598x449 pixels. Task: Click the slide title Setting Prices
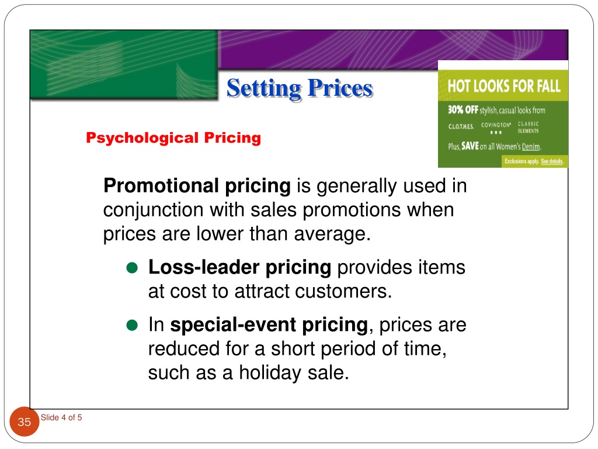(299, 88)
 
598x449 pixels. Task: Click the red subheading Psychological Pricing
(173, 138)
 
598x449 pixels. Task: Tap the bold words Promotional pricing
(197, 186)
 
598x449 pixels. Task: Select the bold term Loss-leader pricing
(239, 268)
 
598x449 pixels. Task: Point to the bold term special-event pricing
(269, 324)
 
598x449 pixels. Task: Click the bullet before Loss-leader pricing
(131, 268)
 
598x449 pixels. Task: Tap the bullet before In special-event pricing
(131, 325)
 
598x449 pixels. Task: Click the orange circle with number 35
(25, 422)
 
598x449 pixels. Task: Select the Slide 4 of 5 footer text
(61, 417)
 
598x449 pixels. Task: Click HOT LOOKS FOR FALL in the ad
(503, 87)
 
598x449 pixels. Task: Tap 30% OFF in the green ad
(463, 110)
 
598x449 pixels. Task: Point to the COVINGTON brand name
(496, 125)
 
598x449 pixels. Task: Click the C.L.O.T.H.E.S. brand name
(461, 126)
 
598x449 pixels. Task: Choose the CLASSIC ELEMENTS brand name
(529, 127)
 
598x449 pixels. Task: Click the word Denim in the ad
(531, 147)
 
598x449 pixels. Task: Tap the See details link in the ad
(552, 161)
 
